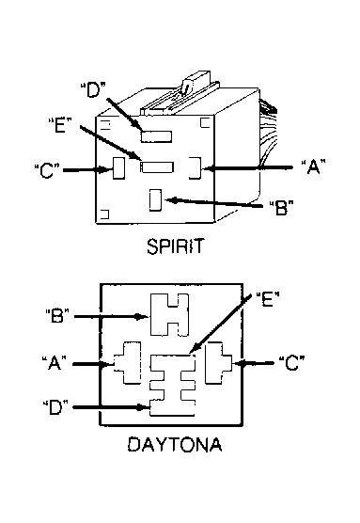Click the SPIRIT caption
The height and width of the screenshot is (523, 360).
point(175,246)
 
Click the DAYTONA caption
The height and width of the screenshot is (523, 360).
point(175,444)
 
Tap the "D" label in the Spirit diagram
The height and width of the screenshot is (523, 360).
point(93,89)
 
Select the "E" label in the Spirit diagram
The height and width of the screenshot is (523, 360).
point(60,125)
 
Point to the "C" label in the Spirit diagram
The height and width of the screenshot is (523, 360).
point(47,171)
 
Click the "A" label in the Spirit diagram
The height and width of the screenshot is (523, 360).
point(313,166)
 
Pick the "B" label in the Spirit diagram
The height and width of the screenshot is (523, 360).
point(281,208)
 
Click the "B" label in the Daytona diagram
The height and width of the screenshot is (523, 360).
point(57,315)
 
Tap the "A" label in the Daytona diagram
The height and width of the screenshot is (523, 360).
point(55,362)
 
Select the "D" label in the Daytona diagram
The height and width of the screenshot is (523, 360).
point(55,407)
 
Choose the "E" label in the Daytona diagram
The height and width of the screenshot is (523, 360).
point(268,299)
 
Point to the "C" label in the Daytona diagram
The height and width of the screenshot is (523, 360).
point(292,363)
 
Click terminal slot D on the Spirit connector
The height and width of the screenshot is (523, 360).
point(156,136)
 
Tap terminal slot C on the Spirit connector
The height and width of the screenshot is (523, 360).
point(119,168)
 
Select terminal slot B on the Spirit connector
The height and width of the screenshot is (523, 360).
point(155,200)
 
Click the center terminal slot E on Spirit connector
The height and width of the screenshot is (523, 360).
point(157,167)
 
